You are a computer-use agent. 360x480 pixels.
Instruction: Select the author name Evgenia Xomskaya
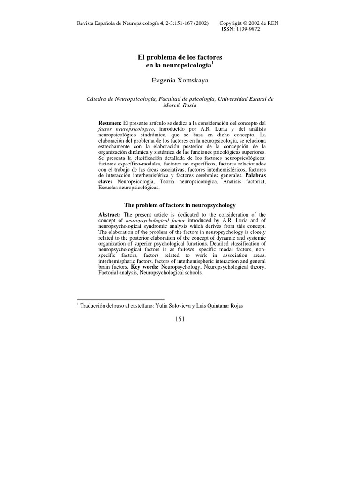(180, 81)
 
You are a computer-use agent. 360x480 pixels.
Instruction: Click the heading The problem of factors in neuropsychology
(180, 205)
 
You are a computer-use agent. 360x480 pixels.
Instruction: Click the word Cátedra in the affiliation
(99, 99)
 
